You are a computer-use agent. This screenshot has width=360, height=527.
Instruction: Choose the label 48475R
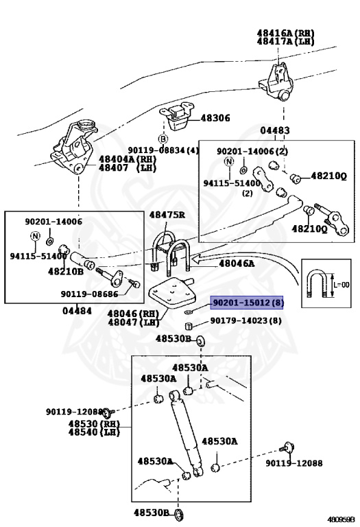click(167, 215)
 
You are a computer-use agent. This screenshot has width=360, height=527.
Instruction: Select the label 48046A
click(237, 262)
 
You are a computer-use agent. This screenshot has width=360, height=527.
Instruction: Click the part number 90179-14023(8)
click(246, 320)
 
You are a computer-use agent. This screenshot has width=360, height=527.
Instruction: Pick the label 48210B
click(66, 271)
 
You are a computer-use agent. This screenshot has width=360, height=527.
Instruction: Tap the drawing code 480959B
click(341, 519)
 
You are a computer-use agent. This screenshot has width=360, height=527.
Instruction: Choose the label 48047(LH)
click(132, 323)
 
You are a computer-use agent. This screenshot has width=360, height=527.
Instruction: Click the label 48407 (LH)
click(128, 167)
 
